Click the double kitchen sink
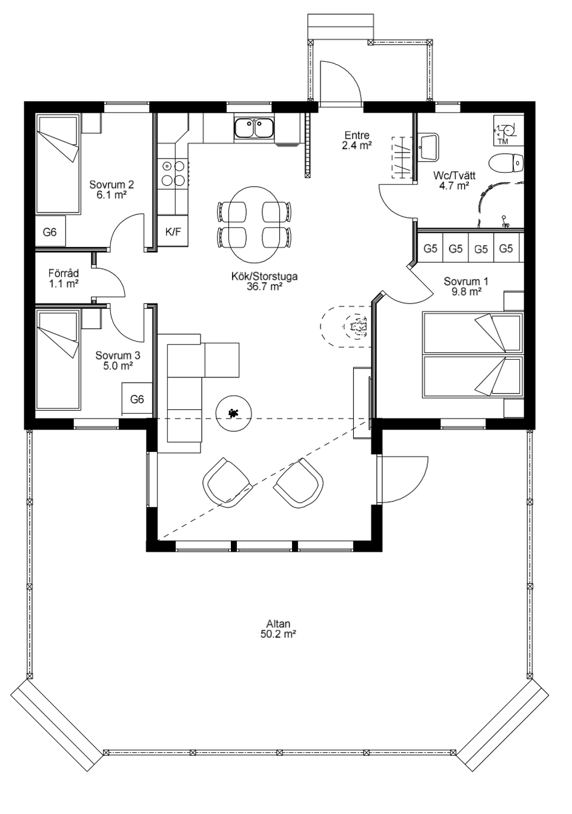click(x=254, y=128)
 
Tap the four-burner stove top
click(x=173, y=173)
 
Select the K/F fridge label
click(x=173, y=233)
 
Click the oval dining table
click(x=254, y=224)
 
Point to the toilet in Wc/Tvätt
click(x=506, y=163)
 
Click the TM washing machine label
click(x=503, y=141)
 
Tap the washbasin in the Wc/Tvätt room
click(x=429, y=147)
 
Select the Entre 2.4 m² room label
click(x=357, y=141)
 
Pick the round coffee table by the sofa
click(x=233, y=413)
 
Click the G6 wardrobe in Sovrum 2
click(x=50, y=231)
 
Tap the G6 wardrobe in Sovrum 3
click(x=137, y=399)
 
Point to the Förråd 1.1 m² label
click(x=64, y=278)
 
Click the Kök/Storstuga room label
click(x=264, y=281)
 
